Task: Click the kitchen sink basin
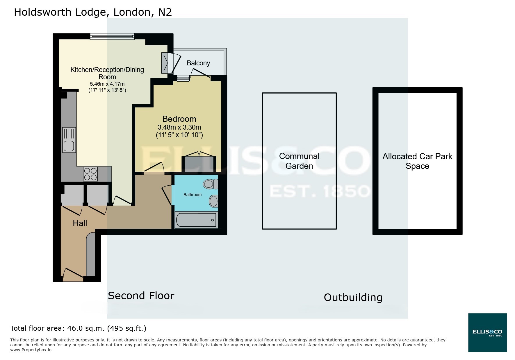[x=69, y=146]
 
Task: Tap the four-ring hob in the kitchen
[x=90, y=174]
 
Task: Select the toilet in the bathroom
[x=210, y=184]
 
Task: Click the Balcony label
[x=198, y=63]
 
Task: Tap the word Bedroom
[x=179, y=119]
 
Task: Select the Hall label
[x=80, y=223]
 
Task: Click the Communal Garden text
[x=299, y=161]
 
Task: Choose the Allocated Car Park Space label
[x=417, y=161]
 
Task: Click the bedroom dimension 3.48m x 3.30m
[x=179, y=127]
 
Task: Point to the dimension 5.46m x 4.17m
[x=107, y=84]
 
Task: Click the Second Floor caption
[x=141, y=296]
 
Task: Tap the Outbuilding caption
[x=353, y=298]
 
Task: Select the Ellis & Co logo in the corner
[x=487, y=332]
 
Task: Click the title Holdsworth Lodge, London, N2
[x=93, y=12]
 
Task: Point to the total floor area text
[x=78, y=328]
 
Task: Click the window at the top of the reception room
[x=112, y=36]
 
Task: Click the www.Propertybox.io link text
[x=31, y=350]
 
